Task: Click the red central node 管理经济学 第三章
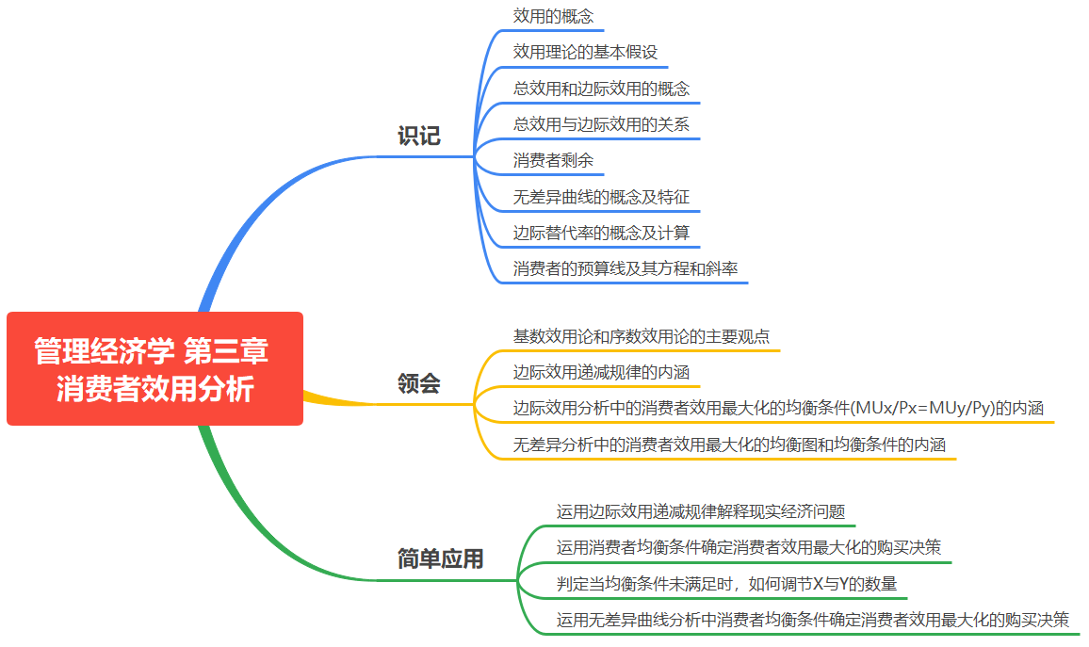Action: (154, 369)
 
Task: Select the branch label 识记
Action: (418, 137)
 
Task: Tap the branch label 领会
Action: (418, 384)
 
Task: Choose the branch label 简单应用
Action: (440, 559)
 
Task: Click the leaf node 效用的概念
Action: (553, 16)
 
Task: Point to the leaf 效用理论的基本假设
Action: (585, 52)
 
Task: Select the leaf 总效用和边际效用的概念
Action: (601, 89)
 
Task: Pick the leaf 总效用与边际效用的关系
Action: (601, 124)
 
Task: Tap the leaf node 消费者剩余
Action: (553, 161)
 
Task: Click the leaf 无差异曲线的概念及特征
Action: (601, 197)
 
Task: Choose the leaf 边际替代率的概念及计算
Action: (601, 233)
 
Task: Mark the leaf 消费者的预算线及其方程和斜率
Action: (626, 269)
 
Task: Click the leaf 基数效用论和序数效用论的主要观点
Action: (642, 336)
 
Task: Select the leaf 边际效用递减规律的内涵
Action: (601, 372)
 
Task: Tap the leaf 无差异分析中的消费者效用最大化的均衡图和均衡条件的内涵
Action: (729, 445)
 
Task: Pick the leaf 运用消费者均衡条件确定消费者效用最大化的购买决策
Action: (748, 547)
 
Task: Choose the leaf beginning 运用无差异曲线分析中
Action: (812, 620)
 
